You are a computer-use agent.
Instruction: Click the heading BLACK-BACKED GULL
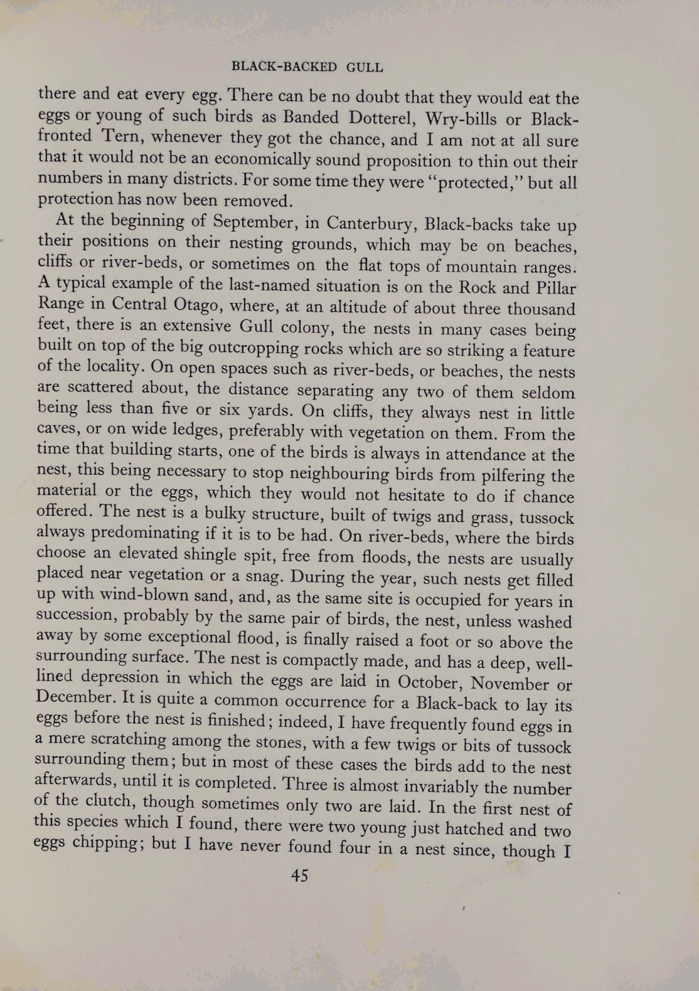307,67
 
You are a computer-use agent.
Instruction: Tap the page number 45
300,876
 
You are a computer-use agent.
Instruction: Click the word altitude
368,308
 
